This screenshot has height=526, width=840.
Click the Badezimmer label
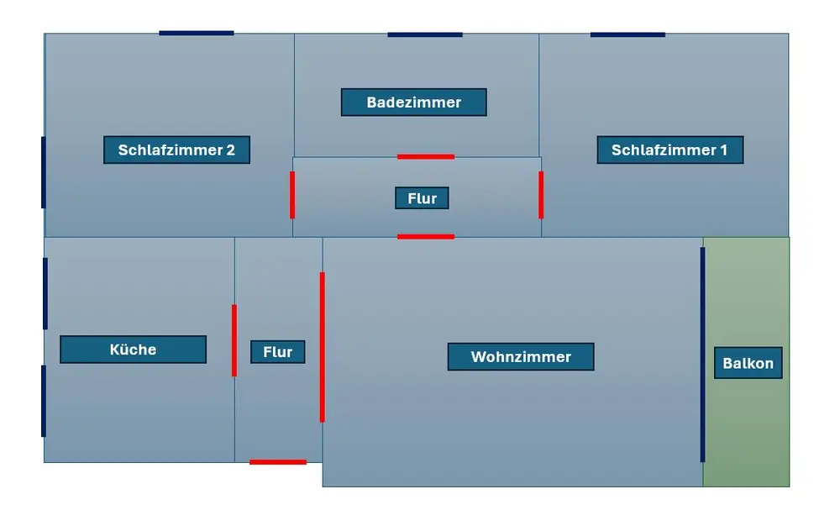[x=413, y=103]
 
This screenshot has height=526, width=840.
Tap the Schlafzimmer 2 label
[x=176, y=150]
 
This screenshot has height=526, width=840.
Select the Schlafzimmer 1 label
[x=669, y=150]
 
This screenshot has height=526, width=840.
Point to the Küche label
[x=133, y=350]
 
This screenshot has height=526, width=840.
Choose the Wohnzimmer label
[x=521, y=357]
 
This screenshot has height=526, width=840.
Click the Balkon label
[x=748, y=363]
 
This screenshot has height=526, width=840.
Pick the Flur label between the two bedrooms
[x=422, y=198]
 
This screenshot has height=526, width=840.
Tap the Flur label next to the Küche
[x=277, y=352]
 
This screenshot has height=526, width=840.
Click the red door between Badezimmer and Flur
[x=426, y=157]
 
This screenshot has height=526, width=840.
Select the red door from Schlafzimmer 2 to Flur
[x=292, y=195]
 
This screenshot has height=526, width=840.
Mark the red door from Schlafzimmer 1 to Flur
[x=541, y=195]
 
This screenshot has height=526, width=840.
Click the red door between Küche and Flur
[x=234, y=340]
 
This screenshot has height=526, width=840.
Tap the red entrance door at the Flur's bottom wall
[x=278, y=462]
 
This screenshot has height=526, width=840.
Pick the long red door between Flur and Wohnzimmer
[x=322, y=347]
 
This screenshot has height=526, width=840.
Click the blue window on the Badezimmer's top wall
[x=425, y=34]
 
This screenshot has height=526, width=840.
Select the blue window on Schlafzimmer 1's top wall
[x=627, y=34]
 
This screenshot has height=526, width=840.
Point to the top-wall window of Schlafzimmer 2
[x=197, y=34]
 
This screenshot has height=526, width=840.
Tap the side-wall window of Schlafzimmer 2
[x=44, y=172]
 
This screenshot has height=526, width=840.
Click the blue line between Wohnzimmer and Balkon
[x=702, y=355]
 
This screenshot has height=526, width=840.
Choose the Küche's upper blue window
[x=45, y=293]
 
